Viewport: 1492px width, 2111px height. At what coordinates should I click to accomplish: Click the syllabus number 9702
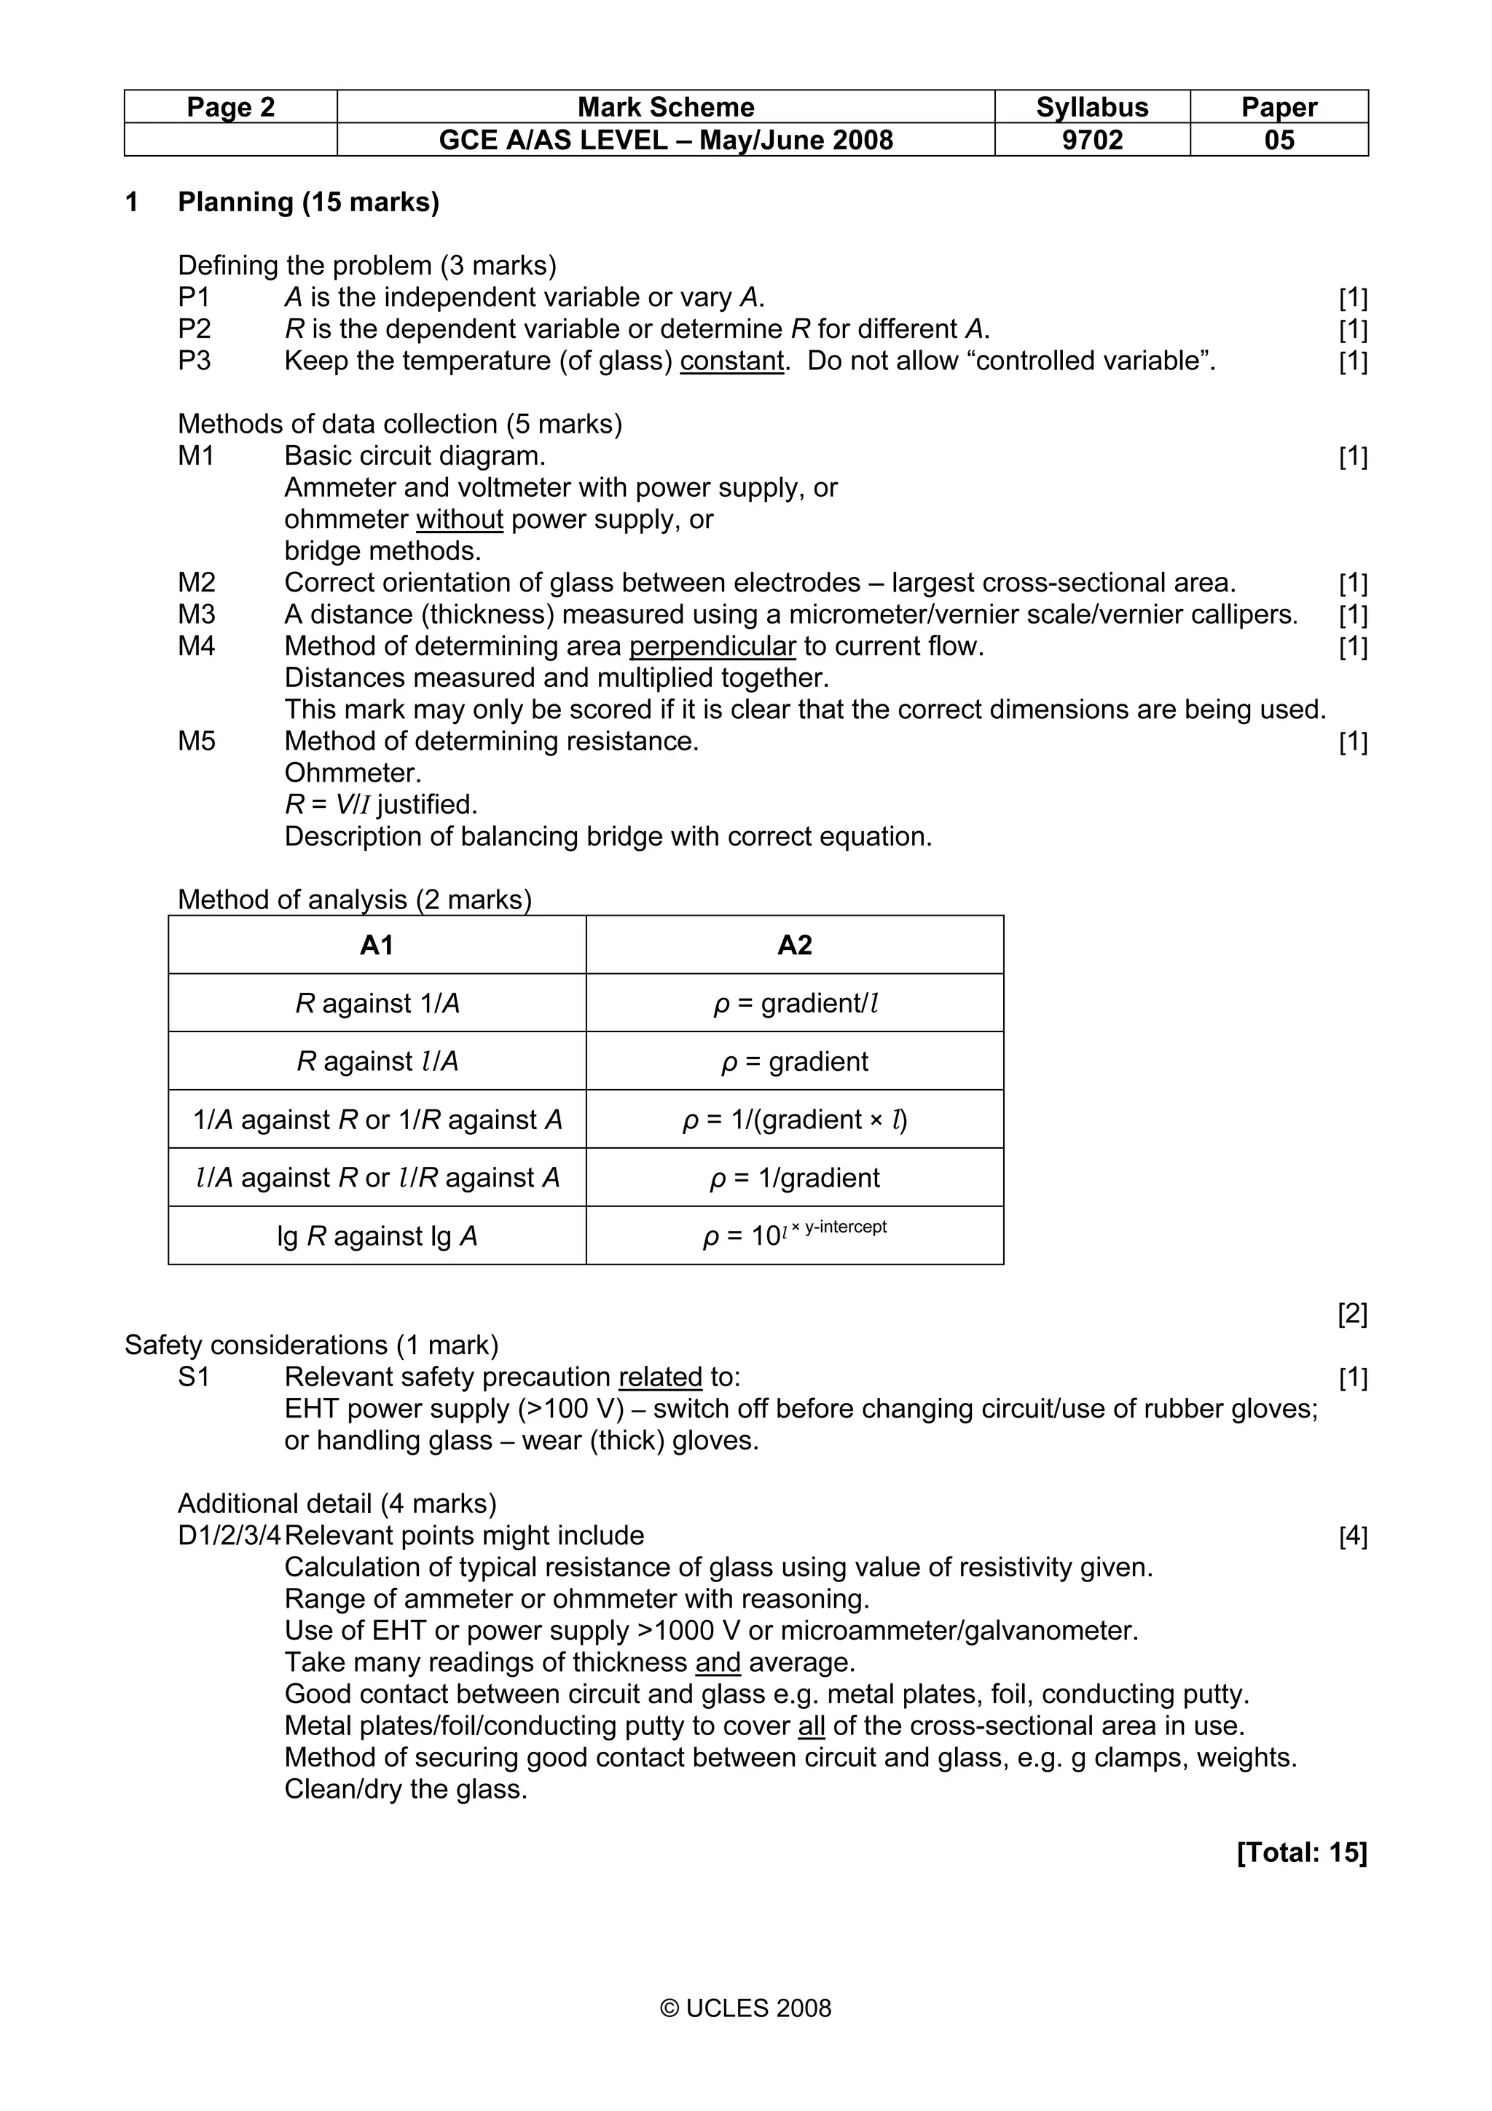(x=1091, y=141)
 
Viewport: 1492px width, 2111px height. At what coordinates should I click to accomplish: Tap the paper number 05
(x=1278, y=141)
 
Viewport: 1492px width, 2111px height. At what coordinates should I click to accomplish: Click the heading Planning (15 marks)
(x=308, y=203)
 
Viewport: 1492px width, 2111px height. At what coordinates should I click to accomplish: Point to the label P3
(x=194, y=361)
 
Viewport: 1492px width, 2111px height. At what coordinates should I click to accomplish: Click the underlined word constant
(x=731, y=361)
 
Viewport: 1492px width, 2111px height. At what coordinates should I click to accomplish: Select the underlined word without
(x=460, y=519)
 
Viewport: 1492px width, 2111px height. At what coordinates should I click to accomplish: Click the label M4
(x=197, y=646)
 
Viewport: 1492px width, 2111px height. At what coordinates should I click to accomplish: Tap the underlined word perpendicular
(x=712, y=646)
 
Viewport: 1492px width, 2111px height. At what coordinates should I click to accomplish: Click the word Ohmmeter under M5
(x=353, y=774)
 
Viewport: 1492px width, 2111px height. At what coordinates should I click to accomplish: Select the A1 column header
(x=377, y=946)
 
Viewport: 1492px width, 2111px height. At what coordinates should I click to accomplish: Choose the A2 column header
(x=794, y=946)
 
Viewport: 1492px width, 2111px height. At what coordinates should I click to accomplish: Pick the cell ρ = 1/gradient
(x=794, y=1178)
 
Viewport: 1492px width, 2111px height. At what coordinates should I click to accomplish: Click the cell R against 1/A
(x=377, y=1003)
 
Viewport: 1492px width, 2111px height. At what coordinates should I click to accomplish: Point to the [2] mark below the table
(x=1351, y=1315)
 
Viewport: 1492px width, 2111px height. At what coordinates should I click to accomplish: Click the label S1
(x=194, y=1377)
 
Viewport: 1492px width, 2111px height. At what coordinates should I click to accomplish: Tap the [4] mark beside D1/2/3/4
(x=1352, y=1536)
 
